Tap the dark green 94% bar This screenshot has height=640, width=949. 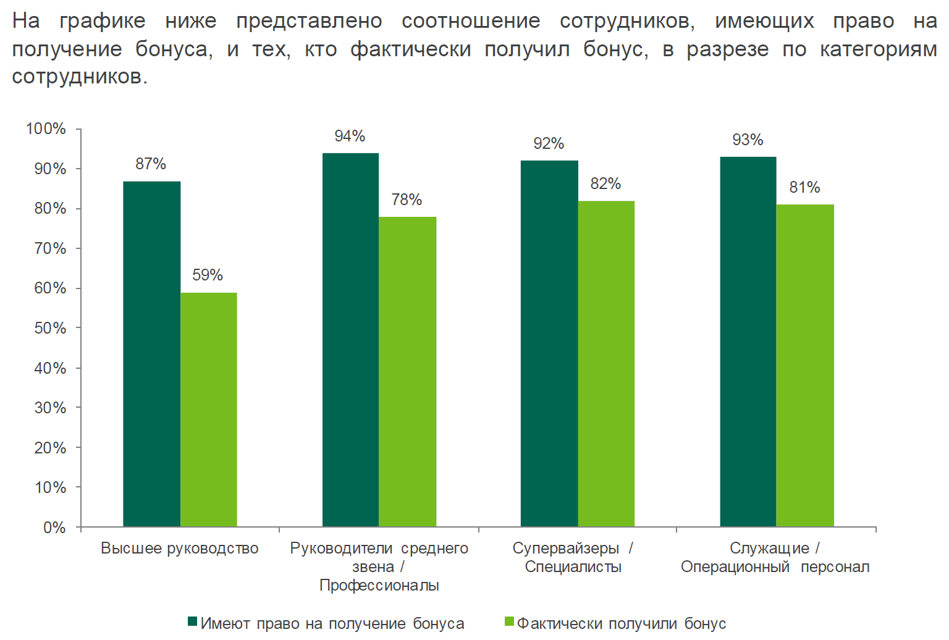pyautogui.click(x=350, y=340)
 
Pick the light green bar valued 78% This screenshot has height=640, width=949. pyautogui.click(x=407, y=371)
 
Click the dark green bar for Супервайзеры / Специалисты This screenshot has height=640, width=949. pyautogui.click(x=549, y=343)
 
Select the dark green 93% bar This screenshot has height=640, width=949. pyautogui.click(x=748, y=342)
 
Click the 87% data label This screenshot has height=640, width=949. pyautogui.click(x=151, y=164)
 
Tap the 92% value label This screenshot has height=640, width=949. pyautogui.click(x=549, y=143)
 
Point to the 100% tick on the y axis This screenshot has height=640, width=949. pyautogui.click(x=46, y=128)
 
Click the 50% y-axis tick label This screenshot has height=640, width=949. pyautogui.click(x=50, y=328)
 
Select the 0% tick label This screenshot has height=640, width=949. pyautogui.click(x=54, y=528)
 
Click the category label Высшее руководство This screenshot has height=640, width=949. pyautogui.click(x=180, y=549)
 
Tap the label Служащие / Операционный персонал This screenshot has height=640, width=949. pyautogui.click(x=775, y=557)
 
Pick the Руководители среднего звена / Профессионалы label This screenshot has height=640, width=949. pyautogui.click(x=379, y=566)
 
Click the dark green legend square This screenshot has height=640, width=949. pyautogui.click(x=192, y=621)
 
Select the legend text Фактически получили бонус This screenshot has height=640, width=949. pyautogui.click(x=621, y=623)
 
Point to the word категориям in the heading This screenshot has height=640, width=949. pyautogui.click(x=878, y=49)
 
